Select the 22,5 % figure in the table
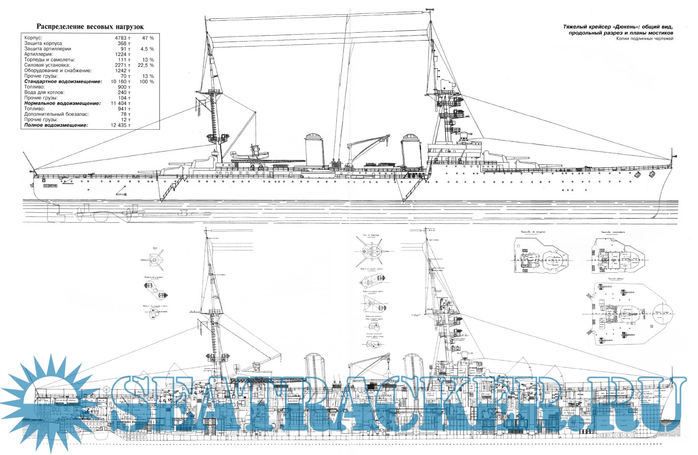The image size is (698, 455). point(146,65)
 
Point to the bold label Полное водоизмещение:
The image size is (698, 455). point(56,125)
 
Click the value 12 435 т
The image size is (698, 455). point(121,125)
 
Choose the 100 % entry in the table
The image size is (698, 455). point(146,82)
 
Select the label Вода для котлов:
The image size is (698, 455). point(45,93)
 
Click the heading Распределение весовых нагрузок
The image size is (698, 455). point(90,27)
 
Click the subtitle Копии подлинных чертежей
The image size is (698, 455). point(645,39)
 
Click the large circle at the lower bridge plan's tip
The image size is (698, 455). point(663,312)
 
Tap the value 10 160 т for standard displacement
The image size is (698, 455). point(121,82)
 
